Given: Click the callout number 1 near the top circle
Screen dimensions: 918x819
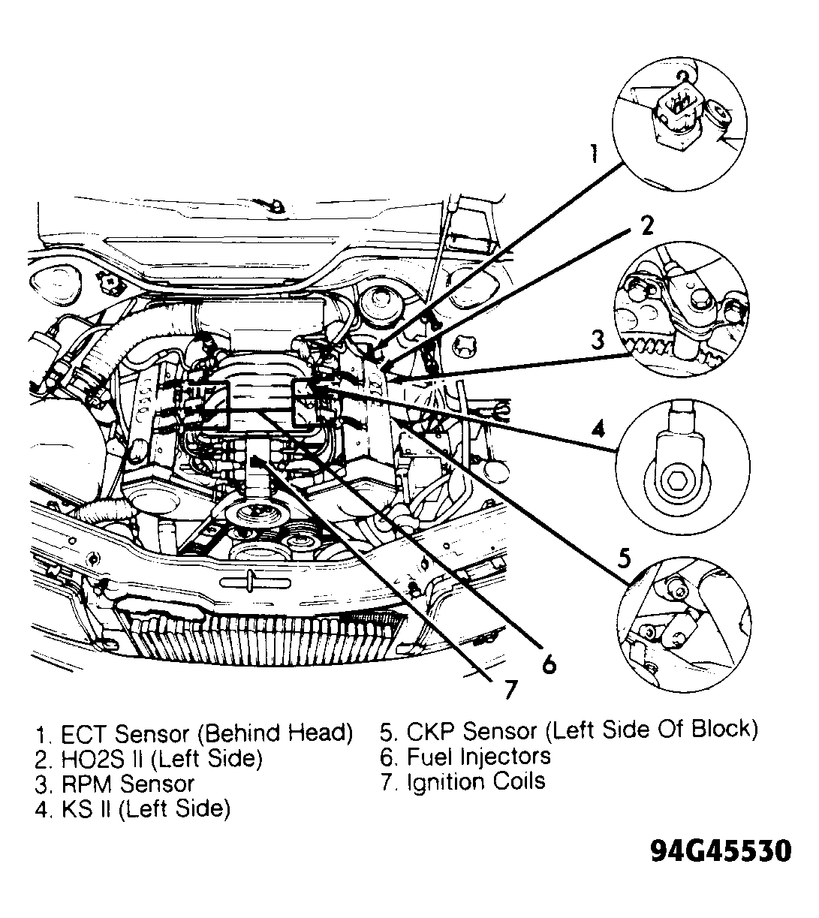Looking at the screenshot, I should coord(593,154).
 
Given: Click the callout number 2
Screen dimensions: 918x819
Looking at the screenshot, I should coord(646,225).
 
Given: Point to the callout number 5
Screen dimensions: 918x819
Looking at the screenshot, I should coord(625,558).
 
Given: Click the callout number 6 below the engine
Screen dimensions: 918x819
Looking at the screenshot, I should coord(549,663).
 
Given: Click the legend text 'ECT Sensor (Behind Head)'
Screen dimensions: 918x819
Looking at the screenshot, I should coord(206,733).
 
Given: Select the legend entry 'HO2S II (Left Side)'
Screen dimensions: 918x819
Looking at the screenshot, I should coord(161,758).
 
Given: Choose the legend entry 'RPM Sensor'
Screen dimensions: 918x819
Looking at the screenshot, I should coord(127,784).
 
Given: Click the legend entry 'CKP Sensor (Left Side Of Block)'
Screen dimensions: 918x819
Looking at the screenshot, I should coord(582,730).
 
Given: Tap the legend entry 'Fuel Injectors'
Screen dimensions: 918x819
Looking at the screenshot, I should coord(478,756).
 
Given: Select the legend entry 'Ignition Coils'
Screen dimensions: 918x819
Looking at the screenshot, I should coord(475,781).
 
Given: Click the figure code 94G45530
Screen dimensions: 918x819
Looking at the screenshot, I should coord(720,851).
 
